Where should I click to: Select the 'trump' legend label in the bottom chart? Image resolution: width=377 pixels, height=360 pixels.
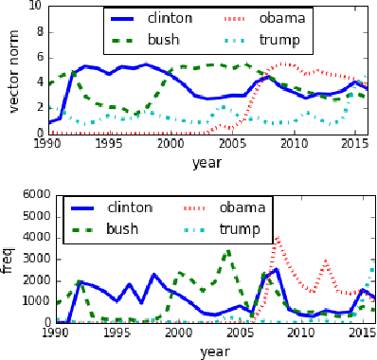click(241, 228)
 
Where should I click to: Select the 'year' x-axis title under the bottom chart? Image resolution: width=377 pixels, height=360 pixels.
click(206, 351)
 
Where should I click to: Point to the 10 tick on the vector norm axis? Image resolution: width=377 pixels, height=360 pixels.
click(34, 6)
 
